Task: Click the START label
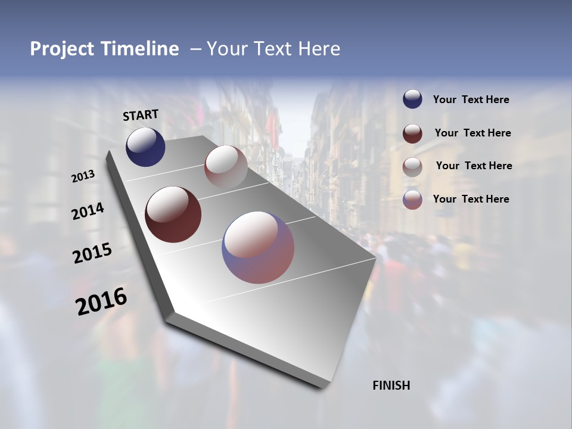tap(141, 115)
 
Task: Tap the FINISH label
tap(391, 386)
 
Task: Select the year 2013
tap(83, 176)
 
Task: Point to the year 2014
tap(88, 212)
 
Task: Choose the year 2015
tap(92, 253)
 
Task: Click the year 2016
tap(101, 301)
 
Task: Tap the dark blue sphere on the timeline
tap(145, 147)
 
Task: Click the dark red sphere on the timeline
tap(173, 214)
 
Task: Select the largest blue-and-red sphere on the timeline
tap(258, 247)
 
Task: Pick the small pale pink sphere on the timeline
tap(226, 167)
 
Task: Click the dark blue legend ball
tap(412, 100)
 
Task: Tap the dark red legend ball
tap(412, 133)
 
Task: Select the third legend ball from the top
tap(412, 166)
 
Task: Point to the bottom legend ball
tap(412, 200)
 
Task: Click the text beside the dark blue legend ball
tap(471, 100)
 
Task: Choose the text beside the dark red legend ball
tap(472, 133)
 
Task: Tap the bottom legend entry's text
tap(471, 199)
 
